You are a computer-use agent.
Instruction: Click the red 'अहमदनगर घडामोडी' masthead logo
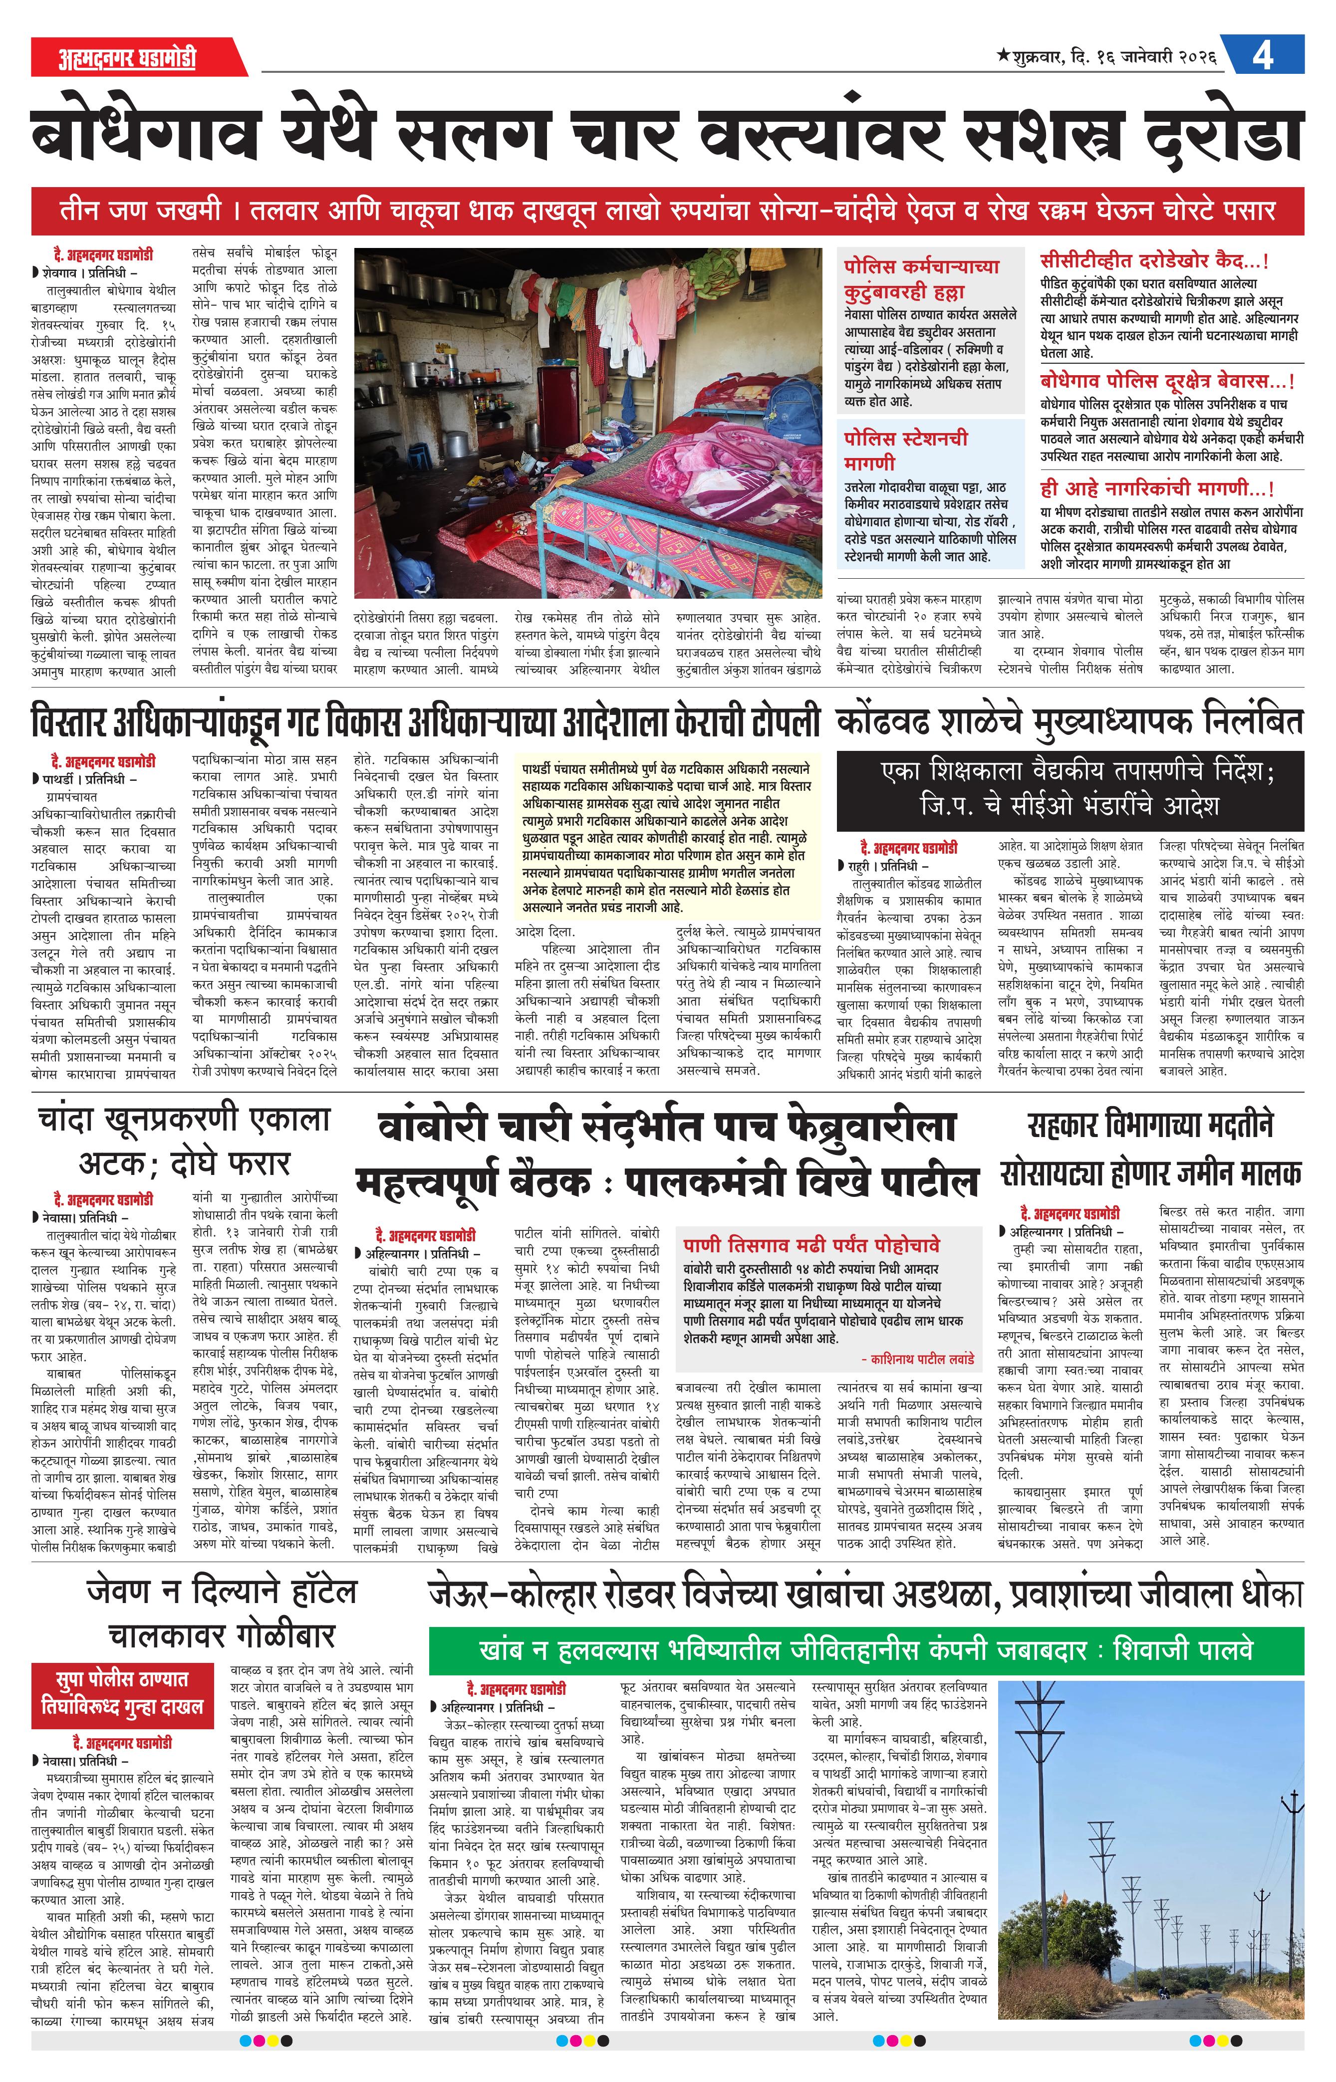click(128, 57)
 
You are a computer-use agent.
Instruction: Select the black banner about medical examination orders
click(1069, 789)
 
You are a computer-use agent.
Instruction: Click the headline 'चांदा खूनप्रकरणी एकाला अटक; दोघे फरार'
click(184, 1141)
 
